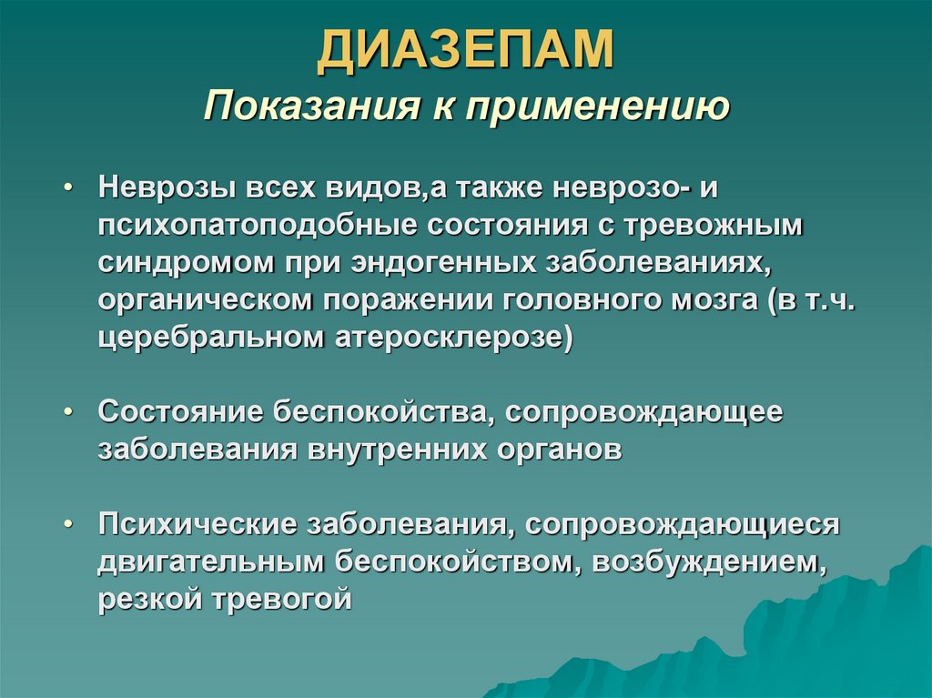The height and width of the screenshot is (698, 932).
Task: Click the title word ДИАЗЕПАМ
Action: pyautogui.click(x=465, y=51)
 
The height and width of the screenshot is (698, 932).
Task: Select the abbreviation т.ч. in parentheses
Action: pyautogui.click(x=828, y=299)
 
